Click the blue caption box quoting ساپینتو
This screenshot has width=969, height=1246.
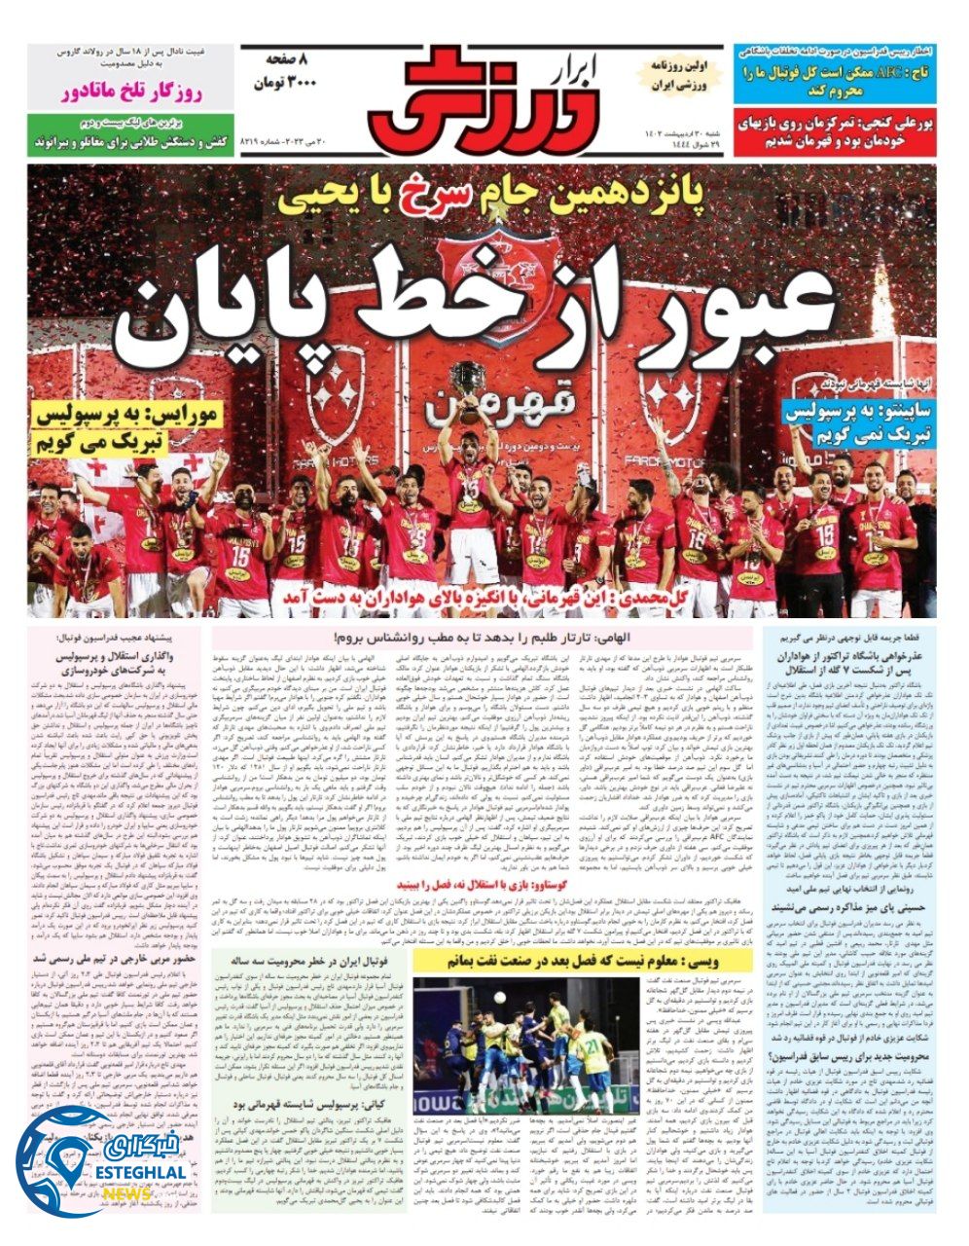[859, 421]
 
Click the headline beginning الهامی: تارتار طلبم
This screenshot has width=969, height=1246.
[482, 638]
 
